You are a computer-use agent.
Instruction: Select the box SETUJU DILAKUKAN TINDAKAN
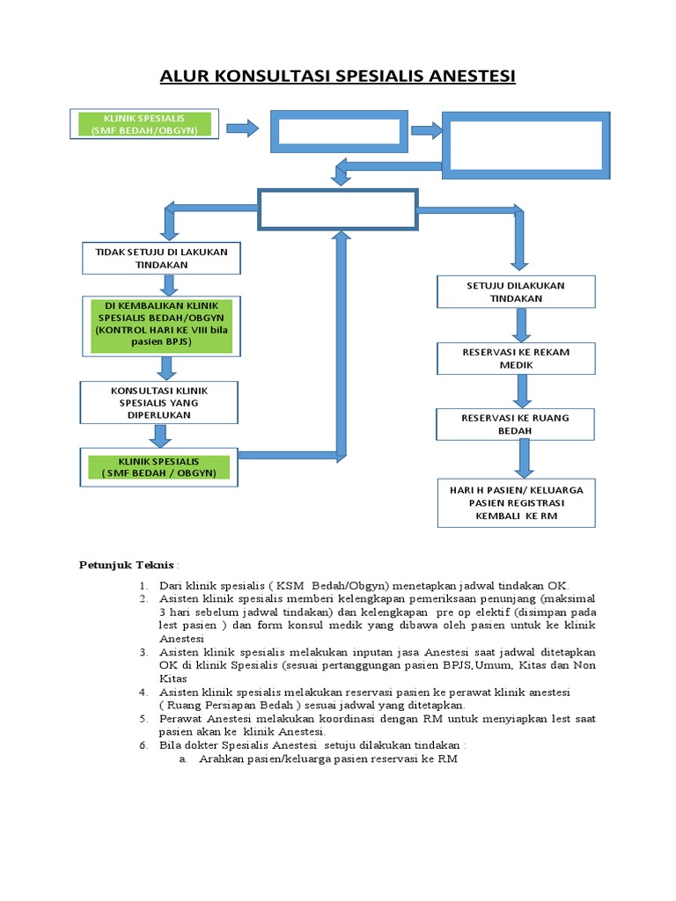coord(515,292)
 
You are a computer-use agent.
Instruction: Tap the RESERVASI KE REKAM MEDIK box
coord(515,358)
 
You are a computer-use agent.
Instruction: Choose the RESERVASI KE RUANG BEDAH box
coord(515,424)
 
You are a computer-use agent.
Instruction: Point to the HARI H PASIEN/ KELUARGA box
coord(515,502)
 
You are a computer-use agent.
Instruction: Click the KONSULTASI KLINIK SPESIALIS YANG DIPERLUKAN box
coord(159,401)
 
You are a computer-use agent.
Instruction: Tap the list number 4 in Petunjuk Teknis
coord(142,692)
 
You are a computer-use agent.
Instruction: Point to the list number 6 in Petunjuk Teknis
coord(142,745)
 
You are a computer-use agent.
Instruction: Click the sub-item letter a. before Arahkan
coord(183,758)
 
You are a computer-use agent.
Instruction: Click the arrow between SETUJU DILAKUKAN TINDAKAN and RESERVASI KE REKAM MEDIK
coord(521,325)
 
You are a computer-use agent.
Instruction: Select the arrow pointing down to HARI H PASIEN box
coord(525,458)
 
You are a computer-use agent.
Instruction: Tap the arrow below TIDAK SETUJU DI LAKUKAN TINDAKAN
coord(168,284)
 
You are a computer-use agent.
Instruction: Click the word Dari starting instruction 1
coord(172,586)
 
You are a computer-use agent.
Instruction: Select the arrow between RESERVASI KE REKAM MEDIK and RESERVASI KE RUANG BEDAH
coord(523,391)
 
